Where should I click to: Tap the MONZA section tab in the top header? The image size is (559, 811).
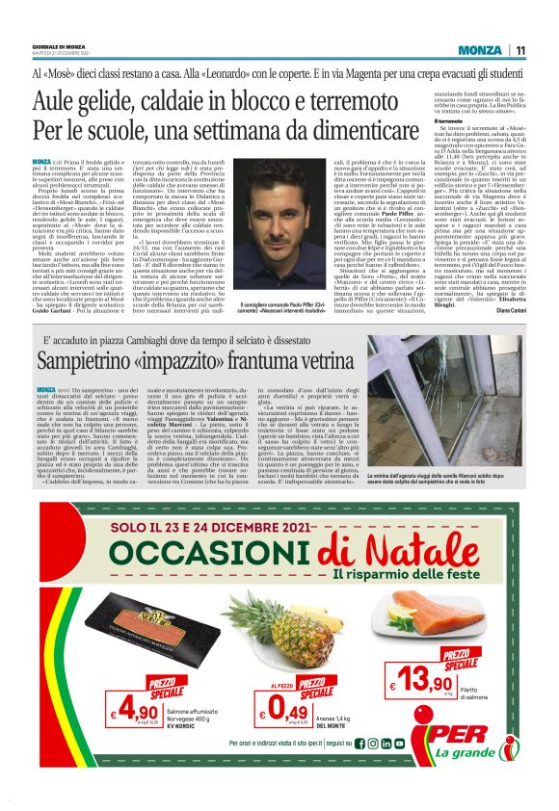(480, 50)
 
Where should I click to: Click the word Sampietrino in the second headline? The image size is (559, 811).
(85, 362)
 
